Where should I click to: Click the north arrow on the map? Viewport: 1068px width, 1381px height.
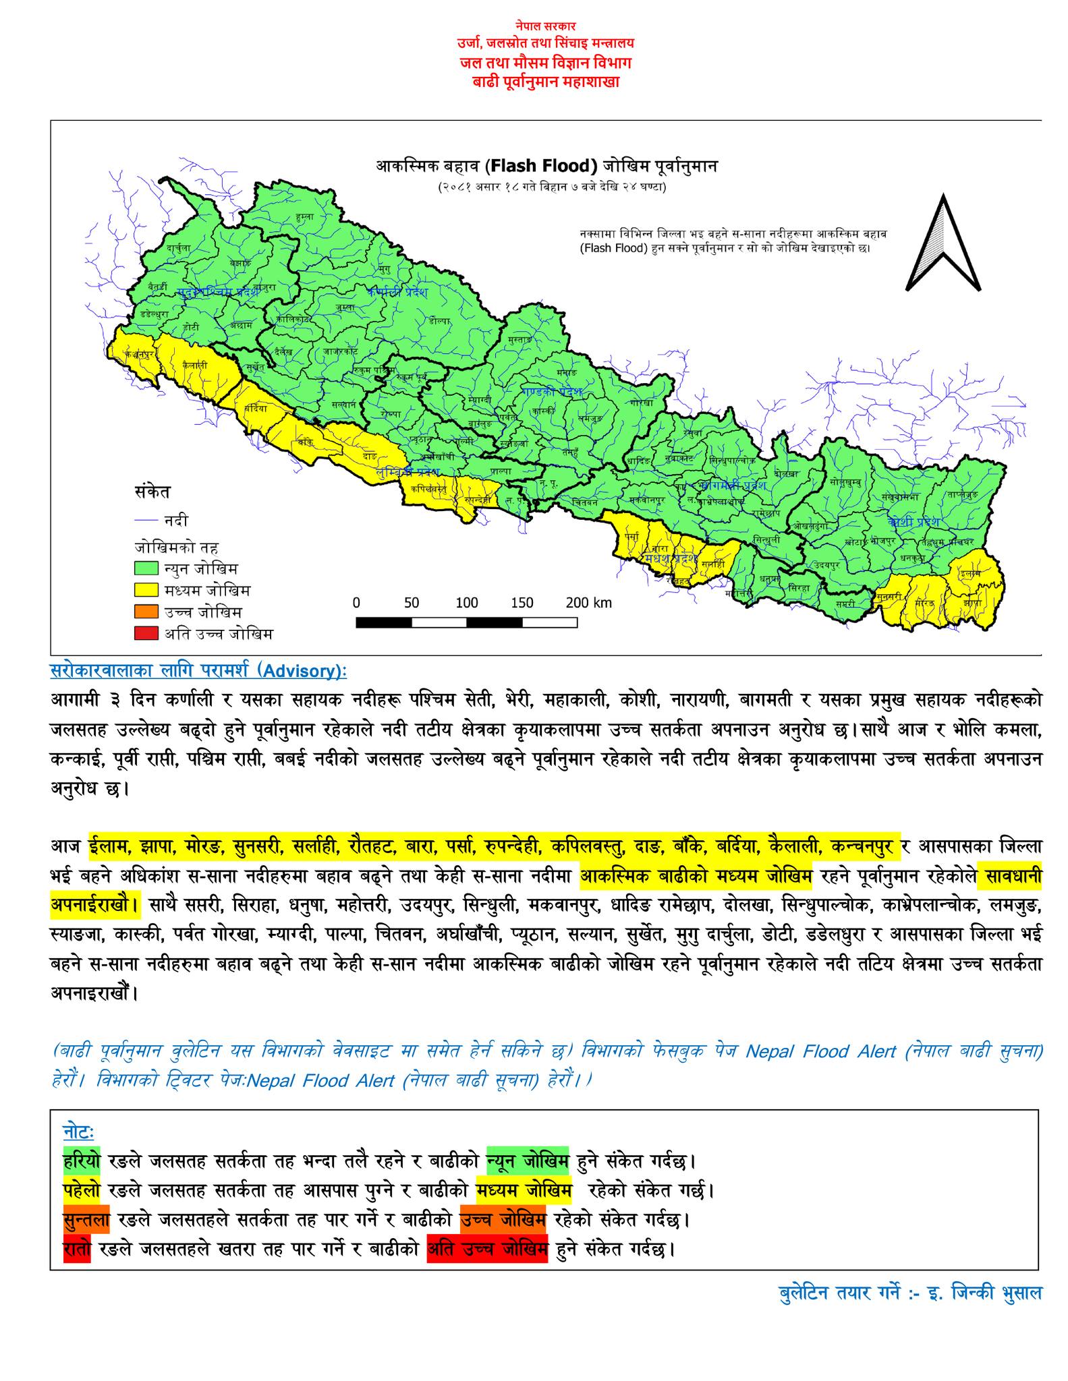[943, 244]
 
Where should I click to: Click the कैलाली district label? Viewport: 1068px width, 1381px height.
[194, 364]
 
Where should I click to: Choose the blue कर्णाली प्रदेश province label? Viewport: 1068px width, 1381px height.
[399, 292]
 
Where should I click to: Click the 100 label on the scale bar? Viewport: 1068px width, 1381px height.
[467, 602]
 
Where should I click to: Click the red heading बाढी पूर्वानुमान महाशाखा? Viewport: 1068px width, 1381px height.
[546, 82]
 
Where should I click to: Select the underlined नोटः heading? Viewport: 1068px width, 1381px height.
[78, 1130]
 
